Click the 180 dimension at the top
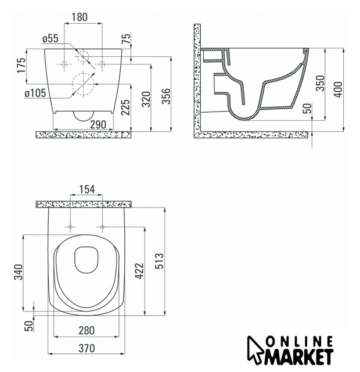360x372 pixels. point(80,17)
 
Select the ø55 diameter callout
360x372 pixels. point(51,38)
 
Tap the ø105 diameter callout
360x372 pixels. point(35,93)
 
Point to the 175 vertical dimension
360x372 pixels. point(21,65)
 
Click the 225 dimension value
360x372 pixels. point(125,107)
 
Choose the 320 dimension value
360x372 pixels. point(146,99)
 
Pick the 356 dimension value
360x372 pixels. point(166,96)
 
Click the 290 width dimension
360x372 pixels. point(98,124)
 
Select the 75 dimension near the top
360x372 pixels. point(126,38)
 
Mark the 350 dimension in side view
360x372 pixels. point(320,83)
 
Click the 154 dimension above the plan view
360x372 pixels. point(87,189)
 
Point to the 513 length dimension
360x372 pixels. point(159,261)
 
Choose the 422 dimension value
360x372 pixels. point(139,271)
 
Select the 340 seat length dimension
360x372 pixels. point(19,272)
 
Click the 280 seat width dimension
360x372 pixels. point(87,331)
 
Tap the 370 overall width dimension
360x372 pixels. point(87,349)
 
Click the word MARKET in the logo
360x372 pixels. point(299,357)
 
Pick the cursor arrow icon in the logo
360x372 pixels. point(255,349)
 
